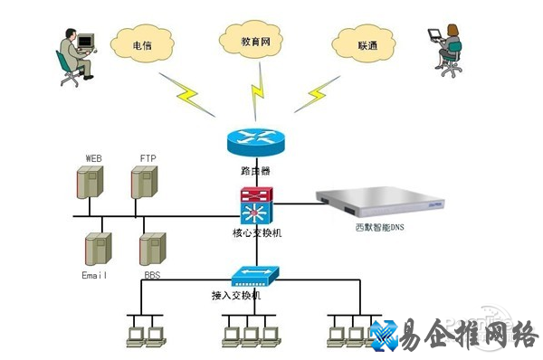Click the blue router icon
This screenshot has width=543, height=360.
click(x=254, y=141)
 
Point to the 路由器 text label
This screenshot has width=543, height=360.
click(x=254, y=169)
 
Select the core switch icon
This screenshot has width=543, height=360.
click(x=254, y=206)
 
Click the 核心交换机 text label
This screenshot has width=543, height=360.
click(x=253, y=233)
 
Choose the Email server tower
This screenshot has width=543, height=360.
click(x=97, y=248)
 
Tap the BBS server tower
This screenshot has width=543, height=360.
click(x=151, y=248)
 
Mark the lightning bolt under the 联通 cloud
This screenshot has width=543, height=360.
click(x=319, y=91)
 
